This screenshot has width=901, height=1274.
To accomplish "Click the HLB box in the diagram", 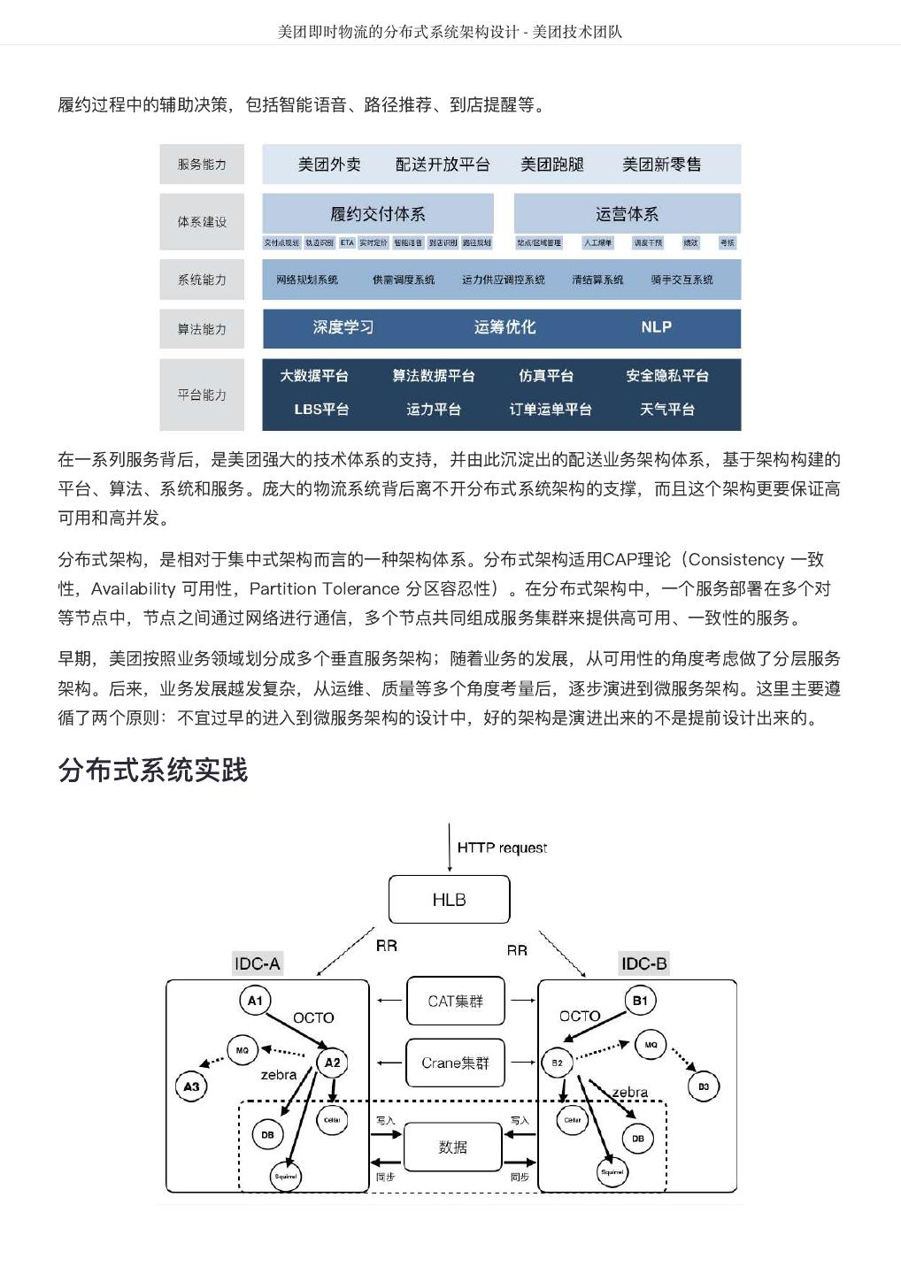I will [x=449, y=900].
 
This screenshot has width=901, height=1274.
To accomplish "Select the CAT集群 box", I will [x=455, y=1002].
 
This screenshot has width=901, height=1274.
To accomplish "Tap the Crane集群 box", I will [x=455, y=1063].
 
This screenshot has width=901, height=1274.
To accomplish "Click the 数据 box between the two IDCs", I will [x=452, y=1147].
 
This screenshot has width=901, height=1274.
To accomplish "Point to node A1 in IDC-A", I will [x=255, y=1001].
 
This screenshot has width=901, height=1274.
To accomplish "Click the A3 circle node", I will [x=191, y=1086].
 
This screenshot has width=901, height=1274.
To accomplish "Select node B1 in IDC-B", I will [x=640, y=1001].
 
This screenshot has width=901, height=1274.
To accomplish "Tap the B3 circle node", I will [x=704, y=1086].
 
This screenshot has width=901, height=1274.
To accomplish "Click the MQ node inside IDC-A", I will [x=243, y=1050].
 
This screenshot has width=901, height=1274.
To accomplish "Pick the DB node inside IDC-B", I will [x=638, y=1139].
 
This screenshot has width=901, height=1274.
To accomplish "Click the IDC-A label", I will [x=257, y=963].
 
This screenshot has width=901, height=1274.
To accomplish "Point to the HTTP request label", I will [x=502, y=848].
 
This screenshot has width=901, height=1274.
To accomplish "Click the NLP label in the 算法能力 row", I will [x=656, y=327].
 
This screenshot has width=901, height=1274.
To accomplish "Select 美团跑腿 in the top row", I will [x=552, y=165].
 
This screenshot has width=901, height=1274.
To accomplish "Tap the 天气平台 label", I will [x=667, y=410].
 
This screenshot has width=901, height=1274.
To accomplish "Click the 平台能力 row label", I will [x=202, y=395].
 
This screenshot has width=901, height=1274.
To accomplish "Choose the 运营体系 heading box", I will [x=627, y=214].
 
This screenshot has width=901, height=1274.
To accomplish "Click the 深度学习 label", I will [x=343, y=327].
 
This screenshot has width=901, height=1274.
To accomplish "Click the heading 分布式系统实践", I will [x=153, y=770].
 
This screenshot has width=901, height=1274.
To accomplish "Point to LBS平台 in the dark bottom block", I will [x=321, y=410].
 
